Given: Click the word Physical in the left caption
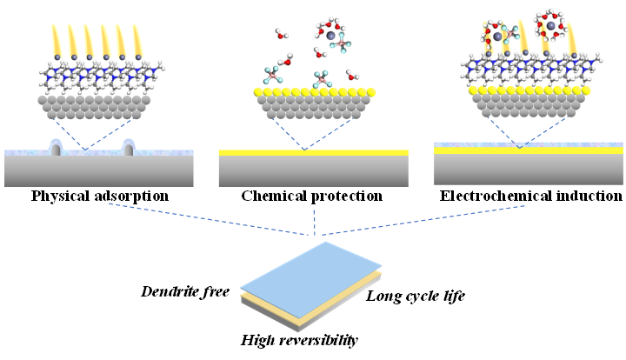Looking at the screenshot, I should point(62,196).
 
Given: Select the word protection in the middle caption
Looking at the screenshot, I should point(346,196).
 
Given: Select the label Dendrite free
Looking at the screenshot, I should point(184,291).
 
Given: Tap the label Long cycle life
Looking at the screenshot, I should point(416,296).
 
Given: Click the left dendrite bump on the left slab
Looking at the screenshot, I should point(57,149).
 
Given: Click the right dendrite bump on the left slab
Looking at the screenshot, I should point(131,149).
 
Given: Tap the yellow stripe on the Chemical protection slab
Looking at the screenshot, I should point(314,153).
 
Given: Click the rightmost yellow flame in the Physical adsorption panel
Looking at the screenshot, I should point(137,39).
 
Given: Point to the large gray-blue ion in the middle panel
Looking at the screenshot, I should point(330,36).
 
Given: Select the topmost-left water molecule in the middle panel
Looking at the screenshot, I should point(280,35).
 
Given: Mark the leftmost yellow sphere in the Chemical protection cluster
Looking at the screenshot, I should point(258,91).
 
